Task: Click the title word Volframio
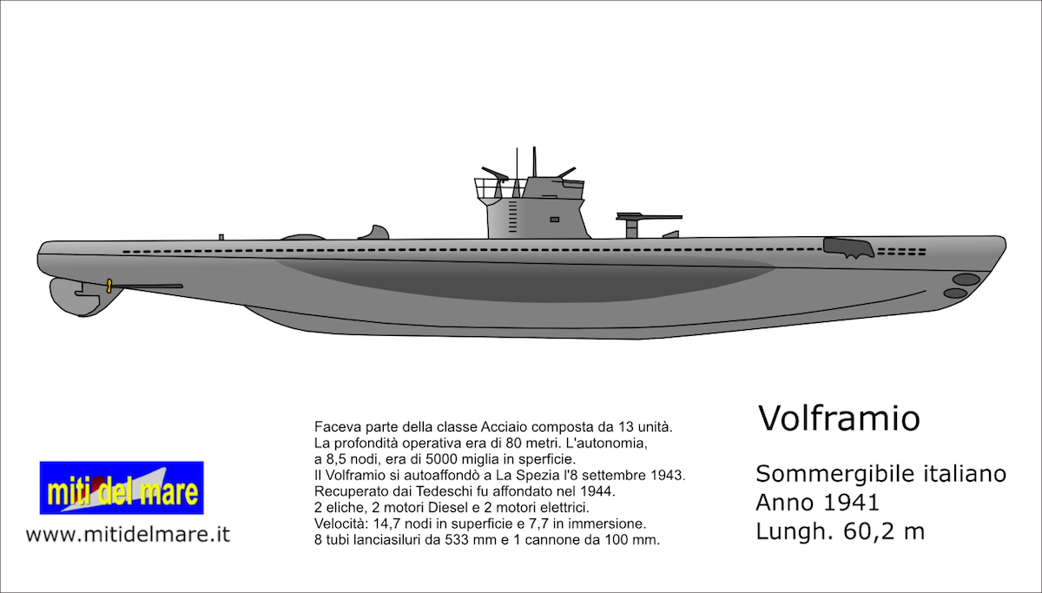click(x=839, y=418)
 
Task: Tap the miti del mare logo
click(x=122, y=487)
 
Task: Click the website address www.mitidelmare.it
click(x=128, y=535)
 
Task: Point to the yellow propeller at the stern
click(x=109, y=286)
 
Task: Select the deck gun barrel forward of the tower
click(x=649, y=216)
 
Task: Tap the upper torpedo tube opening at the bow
click(x=966, y=280)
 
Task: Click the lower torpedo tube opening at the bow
click(x=955, y=293)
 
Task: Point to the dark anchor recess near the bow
click(x=847, y=247)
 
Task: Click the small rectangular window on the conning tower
click(x=555, y=220)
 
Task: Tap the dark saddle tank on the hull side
click(x=525, y=279)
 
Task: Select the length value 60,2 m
click(x=883, y=531)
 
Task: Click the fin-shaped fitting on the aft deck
click(x=374, y=233)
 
